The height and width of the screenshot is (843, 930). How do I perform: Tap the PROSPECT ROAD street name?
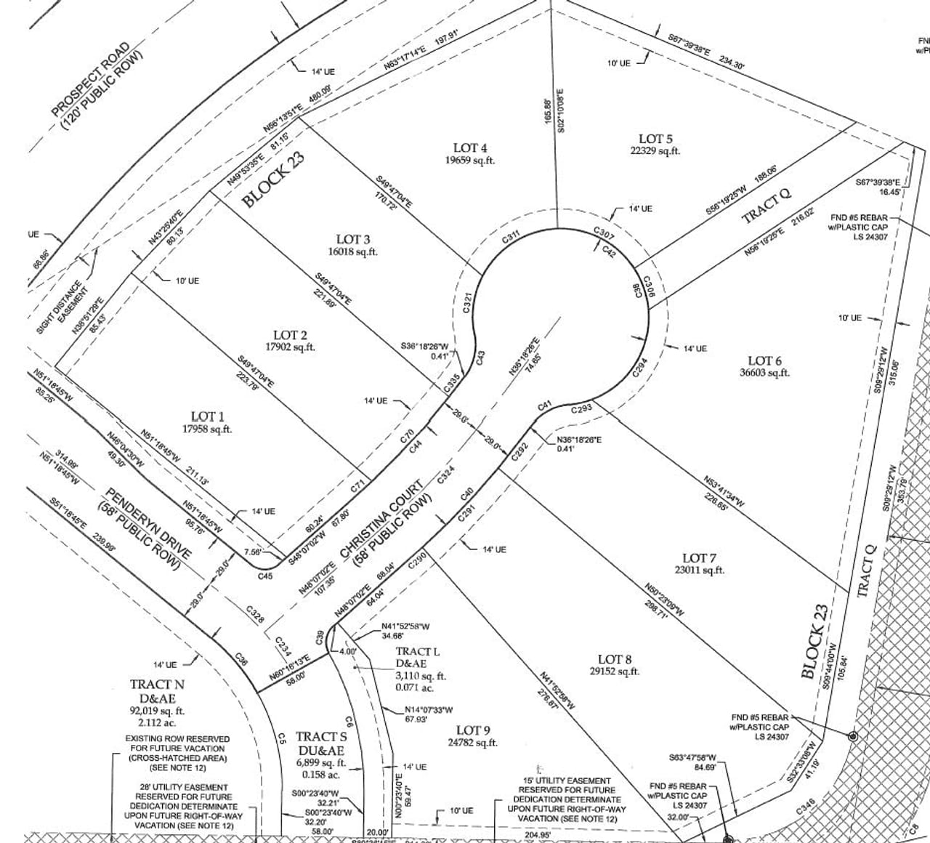point(90,80)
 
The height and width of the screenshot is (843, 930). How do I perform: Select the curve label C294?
point(639,367)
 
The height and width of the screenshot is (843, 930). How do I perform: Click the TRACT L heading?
point(418,652)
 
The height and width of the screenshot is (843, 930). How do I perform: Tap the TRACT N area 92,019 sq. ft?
point(157,711)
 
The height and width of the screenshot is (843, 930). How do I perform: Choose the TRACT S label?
point(321,737)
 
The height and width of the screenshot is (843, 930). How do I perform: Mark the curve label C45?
point(265,576)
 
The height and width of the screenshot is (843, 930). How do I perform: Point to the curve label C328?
point(254,614)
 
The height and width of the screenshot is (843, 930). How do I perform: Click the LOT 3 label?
point(353,239)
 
